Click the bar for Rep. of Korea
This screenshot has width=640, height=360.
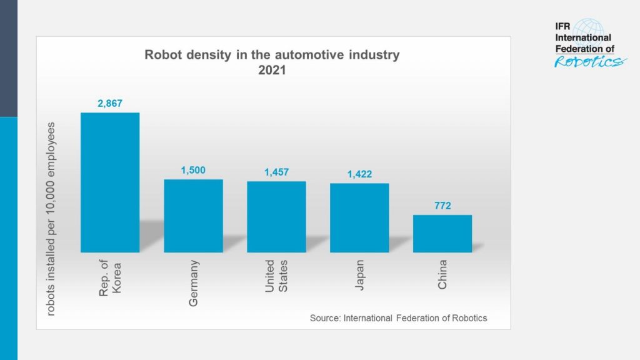110,182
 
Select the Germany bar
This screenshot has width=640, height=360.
193,216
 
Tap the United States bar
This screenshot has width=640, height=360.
276,217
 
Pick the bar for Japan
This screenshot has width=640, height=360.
359,217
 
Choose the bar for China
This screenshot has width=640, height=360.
442,234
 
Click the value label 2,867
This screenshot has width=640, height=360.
110,104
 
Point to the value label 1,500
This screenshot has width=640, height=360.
193,170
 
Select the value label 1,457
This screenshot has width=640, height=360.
276,172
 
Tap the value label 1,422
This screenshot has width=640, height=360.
359,174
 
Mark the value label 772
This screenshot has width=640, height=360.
442,206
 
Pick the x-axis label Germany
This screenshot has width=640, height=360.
193,282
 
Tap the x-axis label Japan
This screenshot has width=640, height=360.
359,274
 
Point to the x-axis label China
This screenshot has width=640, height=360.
442,274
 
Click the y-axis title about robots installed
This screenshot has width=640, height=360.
51,218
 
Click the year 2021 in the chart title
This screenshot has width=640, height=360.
272,71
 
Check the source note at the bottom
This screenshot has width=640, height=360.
398,318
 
